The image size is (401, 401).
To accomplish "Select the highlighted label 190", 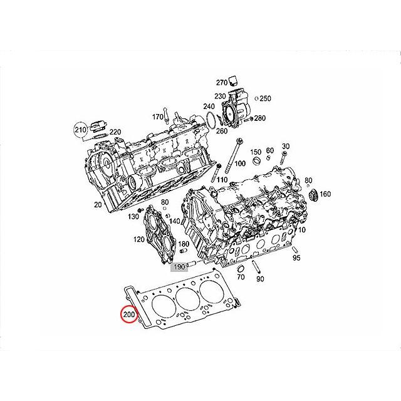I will click(180, 266).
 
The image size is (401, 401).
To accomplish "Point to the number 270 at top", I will click(222, 83).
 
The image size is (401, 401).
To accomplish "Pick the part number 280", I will click(260, 118).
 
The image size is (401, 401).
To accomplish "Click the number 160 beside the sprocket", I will click(325, 194).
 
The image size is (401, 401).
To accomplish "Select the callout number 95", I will click(296, 258).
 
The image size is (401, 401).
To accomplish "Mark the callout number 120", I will click(138, 239).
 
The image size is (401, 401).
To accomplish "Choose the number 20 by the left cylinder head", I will click(98, 205).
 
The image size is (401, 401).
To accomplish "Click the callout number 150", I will click(255, 152).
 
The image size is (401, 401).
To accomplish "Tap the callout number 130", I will click(133, 216).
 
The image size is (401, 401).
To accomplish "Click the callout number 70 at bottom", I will click(239, 276).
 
